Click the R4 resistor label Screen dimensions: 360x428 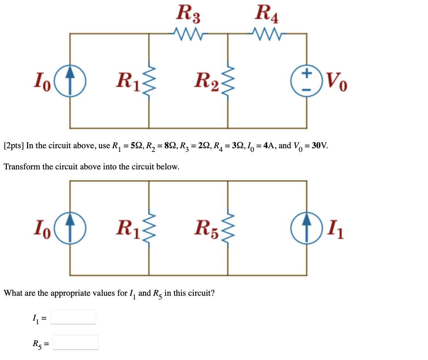[267, 14]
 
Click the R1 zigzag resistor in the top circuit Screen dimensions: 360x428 [149, 81]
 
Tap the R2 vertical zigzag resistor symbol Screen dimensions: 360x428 [228, 81]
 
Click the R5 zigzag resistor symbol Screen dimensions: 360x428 [228, 228]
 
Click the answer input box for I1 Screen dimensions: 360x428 [73, 317]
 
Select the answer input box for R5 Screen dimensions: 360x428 [75, 342]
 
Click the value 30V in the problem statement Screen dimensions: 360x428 [318, 146]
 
